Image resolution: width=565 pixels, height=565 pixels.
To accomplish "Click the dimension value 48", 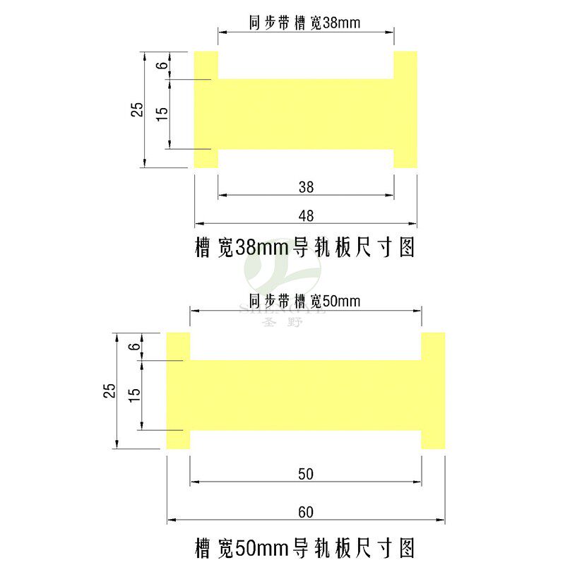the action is click(x=306, y=215).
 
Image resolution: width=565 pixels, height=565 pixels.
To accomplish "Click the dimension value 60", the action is click(x=306, y=511).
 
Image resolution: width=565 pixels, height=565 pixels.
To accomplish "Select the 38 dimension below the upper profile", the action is click(x=306, y=187).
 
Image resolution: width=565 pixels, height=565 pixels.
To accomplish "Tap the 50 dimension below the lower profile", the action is click(x=306, y=473).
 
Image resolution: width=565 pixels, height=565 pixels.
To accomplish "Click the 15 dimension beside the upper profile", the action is click(x=162, y=113).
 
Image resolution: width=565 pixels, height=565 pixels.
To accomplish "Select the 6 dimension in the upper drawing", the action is click(x=162, y=66).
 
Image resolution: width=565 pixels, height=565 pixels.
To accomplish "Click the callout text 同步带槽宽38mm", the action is click(x=305, y=23).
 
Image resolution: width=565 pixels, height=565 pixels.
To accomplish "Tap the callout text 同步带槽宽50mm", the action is click(x=305, y=301).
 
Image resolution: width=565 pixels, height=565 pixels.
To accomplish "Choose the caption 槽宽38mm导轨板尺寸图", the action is click(x=304, y=247).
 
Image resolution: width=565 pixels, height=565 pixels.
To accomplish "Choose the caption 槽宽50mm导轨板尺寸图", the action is click(x=304, y=547).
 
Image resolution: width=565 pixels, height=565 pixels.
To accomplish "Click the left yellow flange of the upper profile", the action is click(x=206, y=109).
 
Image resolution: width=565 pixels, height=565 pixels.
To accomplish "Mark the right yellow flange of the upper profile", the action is click(x=405, y=109).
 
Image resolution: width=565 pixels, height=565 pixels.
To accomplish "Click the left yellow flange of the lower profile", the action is click(x=178, y=391).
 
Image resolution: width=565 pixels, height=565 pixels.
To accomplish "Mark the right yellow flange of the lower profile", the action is click(x=433, y=391).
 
